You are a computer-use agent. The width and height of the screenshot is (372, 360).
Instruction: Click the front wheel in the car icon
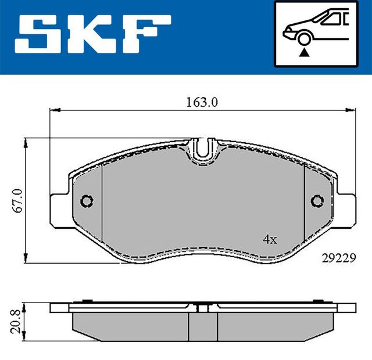pyautogui.click(x=303, y=39)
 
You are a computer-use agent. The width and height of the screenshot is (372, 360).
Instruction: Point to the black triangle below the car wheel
pyautogui.click(x=303, y=53)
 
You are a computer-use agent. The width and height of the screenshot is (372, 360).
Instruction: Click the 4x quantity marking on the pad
pyautogui.click(x=269, y=239)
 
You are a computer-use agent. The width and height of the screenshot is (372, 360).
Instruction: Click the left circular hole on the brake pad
pyautogui.click(x=87, y=201)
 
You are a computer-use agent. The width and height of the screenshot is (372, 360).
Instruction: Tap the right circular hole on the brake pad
pyautogui.click(x=317, y=201)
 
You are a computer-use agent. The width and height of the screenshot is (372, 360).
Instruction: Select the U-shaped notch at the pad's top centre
pyautogui.click(x=202, y=149)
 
